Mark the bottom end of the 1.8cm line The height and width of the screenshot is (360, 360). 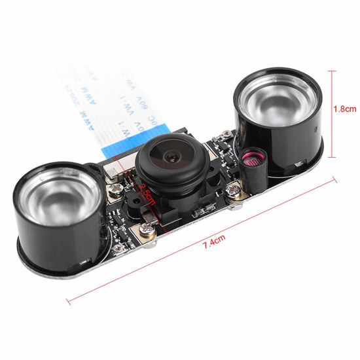[x=334, y=157]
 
